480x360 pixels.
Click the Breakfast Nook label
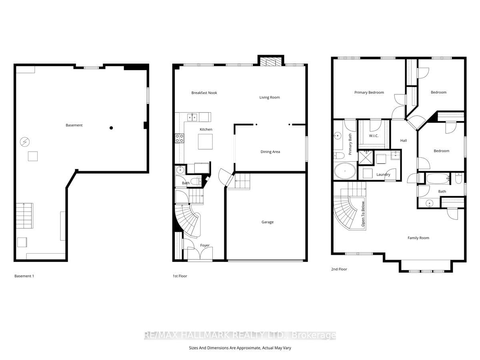point(204,93)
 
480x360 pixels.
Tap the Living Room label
point(269,97)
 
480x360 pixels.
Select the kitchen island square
point(206,142)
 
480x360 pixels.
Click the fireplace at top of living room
point(271,61)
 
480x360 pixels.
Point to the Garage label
point(268,222)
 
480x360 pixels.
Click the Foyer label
point(204,246)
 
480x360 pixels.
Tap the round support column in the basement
point(111,128)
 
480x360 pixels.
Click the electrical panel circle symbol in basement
point(24,142)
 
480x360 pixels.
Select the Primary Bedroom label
point(369,92)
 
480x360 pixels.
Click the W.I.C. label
point(374,136)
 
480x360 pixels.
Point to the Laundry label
point(383,175)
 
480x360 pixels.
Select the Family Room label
point(418,238)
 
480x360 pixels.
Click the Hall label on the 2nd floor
point(404,141)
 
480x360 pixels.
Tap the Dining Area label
point(270,152)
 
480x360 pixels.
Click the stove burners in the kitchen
point(180,138)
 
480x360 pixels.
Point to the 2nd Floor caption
point(339,269)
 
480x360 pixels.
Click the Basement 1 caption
point(24,276)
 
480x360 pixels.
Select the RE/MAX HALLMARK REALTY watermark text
point(240,335)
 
